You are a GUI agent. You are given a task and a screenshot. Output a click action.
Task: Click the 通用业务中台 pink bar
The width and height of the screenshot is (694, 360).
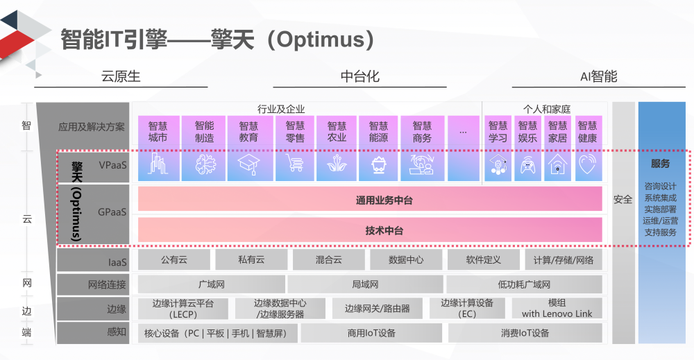coord(370,200)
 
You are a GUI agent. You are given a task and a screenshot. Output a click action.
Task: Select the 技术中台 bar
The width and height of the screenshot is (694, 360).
coord(370,230)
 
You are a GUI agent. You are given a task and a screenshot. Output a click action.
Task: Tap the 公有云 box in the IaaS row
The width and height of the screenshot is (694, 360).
coord(173,260)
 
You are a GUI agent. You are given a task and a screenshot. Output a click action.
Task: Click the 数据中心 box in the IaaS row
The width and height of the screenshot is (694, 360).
coord(405,260)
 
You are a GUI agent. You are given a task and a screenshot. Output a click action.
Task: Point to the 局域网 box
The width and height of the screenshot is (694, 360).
coord(365,284)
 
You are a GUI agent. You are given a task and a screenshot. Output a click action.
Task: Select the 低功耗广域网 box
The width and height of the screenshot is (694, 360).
coord(524,284)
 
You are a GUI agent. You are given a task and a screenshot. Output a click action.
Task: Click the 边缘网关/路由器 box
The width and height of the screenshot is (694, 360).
coord(377,309)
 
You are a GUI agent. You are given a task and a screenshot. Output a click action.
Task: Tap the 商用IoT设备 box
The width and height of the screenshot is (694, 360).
coord(371,333)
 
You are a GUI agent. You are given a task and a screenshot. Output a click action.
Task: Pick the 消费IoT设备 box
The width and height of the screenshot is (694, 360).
coord(525,333)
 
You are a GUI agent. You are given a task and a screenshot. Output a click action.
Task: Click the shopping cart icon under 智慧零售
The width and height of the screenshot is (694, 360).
coord(295,164)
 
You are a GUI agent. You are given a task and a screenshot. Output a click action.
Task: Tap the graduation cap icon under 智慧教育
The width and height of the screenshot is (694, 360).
coord(248,164)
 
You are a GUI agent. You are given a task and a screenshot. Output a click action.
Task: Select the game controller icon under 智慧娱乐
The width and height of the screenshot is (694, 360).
coord(527,165)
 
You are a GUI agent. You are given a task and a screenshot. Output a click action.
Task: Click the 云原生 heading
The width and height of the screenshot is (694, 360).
coord(121,76)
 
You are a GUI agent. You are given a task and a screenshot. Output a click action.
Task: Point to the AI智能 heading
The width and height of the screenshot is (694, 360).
coord(598,76)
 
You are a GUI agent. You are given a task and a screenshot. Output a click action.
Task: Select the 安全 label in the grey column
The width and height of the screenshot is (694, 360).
coord(623,200)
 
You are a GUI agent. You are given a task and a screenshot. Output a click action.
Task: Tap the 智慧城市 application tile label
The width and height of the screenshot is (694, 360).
coord(158,132)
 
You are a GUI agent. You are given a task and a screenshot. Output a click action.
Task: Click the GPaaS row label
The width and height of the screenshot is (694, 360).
coord(112,212)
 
